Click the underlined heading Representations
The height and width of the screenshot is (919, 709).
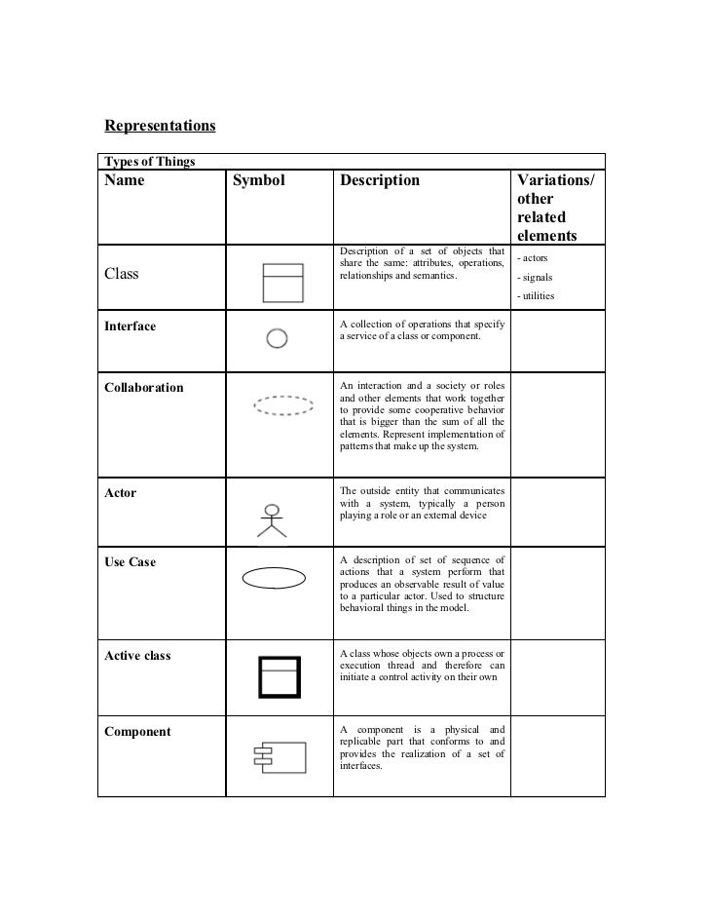tap(160, 126)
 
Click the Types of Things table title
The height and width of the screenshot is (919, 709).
tap(150, 161)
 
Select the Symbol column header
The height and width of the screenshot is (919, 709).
tap(259, 181)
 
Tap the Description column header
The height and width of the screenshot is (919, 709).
tap(380, 181)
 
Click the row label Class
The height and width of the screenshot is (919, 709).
tap(122, 274)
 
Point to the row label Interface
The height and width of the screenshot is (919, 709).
tap(130, 326)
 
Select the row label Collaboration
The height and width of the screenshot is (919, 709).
tap(143, 388)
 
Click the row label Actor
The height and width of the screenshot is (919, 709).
tap(121, 493)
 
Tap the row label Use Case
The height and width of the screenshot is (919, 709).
tap(130, 562)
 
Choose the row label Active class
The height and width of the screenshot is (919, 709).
tap(137, 656)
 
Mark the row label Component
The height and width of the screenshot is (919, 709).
tap(137, 732)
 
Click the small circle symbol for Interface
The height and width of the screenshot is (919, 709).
tap(277, 338)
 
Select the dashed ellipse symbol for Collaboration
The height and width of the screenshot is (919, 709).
tap(283, 405)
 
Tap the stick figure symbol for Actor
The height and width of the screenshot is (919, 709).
tap(273, 520)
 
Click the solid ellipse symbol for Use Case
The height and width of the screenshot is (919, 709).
tap(275, 579)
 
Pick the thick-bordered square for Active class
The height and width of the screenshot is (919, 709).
tap(279, 676)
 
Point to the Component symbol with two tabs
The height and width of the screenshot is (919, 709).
tap(278, 757)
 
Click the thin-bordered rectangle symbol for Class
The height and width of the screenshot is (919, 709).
tap(282, 282)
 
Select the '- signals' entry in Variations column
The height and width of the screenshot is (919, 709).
tap(535, 278)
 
